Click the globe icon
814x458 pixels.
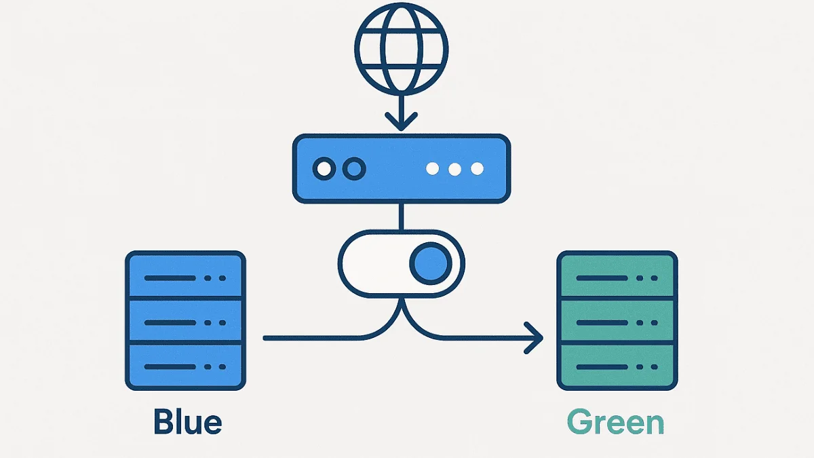pyautogui.click(x=402, y=52)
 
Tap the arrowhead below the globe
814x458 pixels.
pyautogui.click(x=402, y=123)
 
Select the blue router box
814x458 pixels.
pyautogui.click(x=401, y=168)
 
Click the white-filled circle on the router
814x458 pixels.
pyautogui.click(x=324, y=168)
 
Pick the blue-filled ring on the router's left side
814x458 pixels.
pyautogui.click(x=353, y=168)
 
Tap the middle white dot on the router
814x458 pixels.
pyautogui.click(x=454, y=168)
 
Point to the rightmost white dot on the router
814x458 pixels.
pyautogui.click(x=477, y=168)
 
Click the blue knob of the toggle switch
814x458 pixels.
pyautogui.click(x=431, y=263)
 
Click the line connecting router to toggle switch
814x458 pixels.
pyautogui.click(x=402, y=216)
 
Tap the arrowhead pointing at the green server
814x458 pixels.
pyautogui.click(x=535, y=337)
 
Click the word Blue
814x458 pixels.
pyautogui.click(x=188, y=421)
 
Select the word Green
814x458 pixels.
pyautogui.click(x=615, y=421)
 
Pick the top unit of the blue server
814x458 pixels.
pyautogui.click(x=185, y=276)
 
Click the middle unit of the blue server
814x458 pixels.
pyautogui.click(x=185, y=322)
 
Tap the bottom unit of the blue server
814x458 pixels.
pyautogui.click(x=185, y=366)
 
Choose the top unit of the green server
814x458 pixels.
pyautogui.click(x=617, y=276)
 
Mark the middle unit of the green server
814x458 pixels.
pyautogui.click(x=617, y=322)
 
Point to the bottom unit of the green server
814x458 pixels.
pyautogui.click(x=617, y=366)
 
